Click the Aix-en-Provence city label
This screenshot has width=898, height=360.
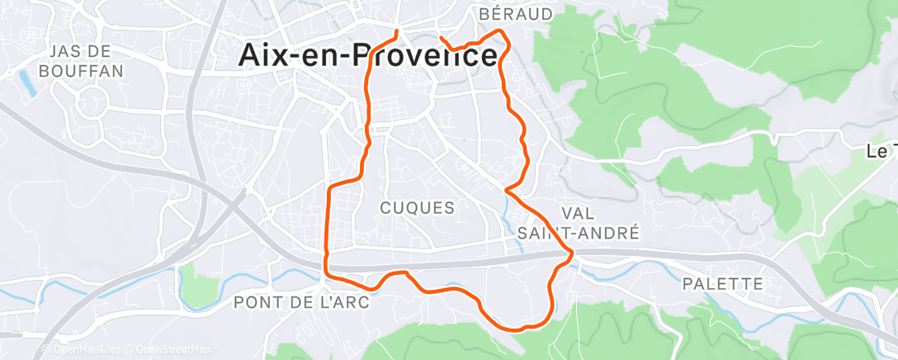click(x=367, y=54)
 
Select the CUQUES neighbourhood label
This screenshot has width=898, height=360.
click(x=418, y=207)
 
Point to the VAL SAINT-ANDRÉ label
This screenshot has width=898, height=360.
click(x=578, y=223)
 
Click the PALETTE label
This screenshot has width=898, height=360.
click(x=723, y=284)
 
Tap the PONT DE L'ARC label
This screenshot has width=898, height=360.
click(x=300, y=302)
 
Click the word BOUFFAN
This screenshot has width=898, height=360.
click(x=85, y=71)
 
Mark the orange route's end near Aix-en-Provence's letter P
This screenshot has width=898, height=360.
click(x=398, y=32)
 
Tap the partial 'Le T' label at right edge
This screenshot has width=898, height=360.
click(x=881, y=152)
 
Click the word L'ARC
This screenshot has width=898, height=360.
click(x=345, y=302)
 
